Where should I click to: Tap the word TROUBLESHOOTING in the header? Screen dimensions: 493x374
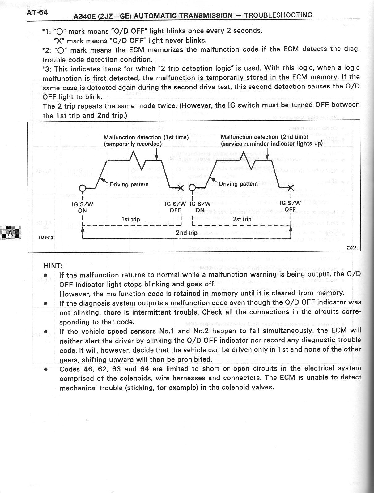click(x=278, y=15)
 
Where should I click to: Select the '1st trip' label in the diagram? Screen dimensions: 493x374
click(x=130, y=219)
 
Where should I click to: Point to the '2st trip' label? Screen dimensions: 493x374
click(x=242, y=219)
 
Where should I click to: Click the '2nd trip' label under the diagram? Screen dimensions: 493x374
click(x=186, y=232)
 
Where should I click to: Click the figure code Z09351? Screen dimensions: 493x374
click(x=352, y=248)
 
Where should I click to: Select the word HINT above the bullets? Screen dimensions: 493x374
click(x=53, y=266)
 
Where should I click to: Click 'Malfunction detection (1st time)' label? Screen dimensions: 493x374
click(x=146, y=137)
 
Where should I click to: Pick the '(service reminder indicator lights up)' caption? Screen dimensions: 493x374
click(x=272, y=144)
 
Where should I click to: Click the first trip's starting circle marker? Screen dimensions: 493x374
click(x=83, y=188)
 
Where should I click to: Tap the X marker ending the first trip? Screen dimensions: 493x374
click(x=181, y=188)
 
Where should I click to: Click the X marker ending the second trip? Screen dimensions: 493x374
click(x=291, y=187)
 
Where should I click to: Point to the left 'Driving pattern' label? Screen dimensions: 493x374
click(x=129, y=184)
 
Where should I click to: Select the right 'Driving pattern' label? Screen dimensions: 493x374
click(x=238, y=184)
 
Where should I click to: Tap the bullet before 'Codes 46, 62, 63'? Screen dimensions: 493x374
click(x=46, y=369)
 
